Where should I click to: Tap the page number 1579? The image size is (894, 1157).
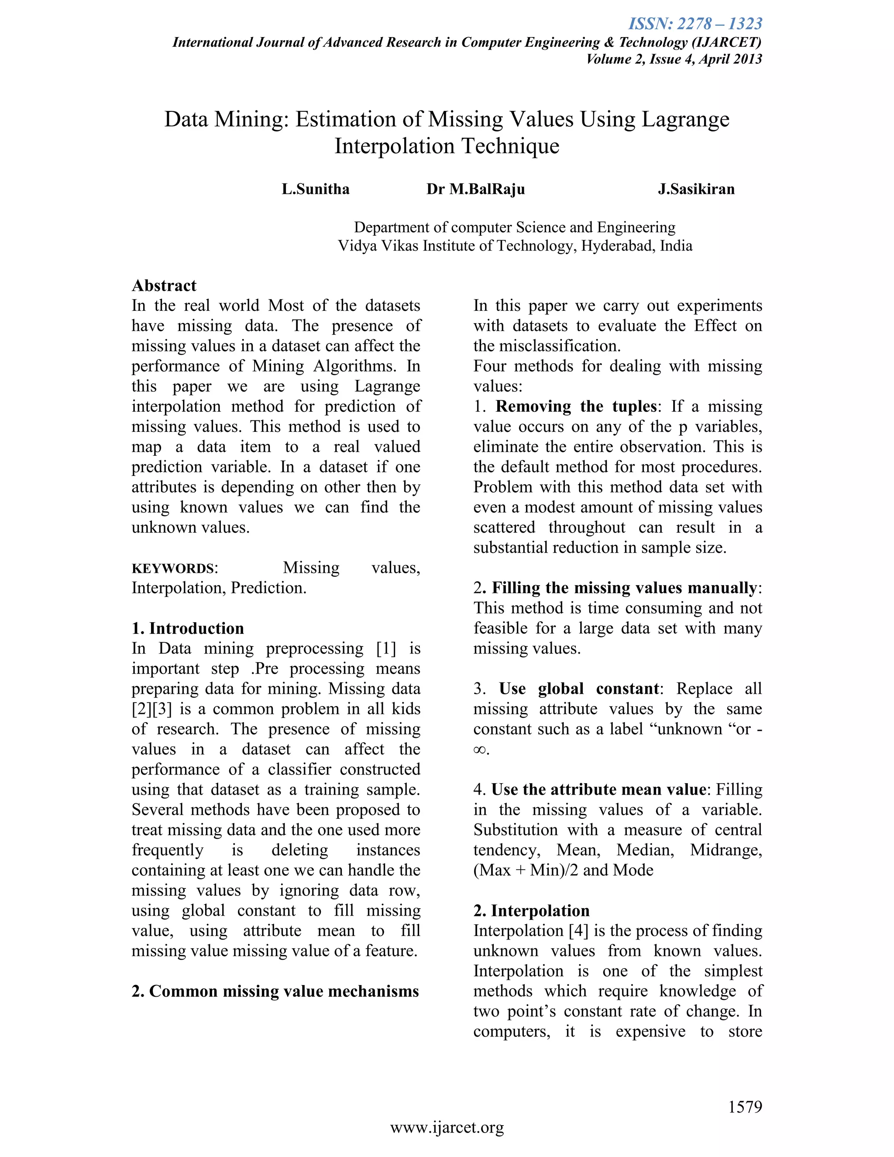click(745, 1107)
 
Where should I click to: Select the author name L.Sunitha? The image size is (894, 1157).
click(316, 189)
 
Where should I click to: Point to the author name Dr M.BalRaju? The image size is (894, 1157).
click(476, 189)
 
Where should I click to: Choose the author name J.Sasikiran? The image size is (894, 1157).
click(696, 189)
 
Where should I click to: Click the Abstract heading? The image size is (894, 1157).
click(164, 286)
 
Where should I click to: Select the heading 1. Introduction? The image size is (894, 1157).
click(188, 628)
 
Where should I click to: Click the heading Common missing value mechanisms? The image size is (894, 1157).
click(283, 991)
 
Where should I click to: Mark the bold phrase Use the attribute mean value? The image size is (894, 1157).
click(599, 789)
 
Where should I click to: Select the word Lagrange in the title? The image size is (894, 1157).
click(685, 120)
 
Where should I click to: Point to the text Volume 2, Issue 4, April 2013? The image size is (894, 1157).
click(674, 59)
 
